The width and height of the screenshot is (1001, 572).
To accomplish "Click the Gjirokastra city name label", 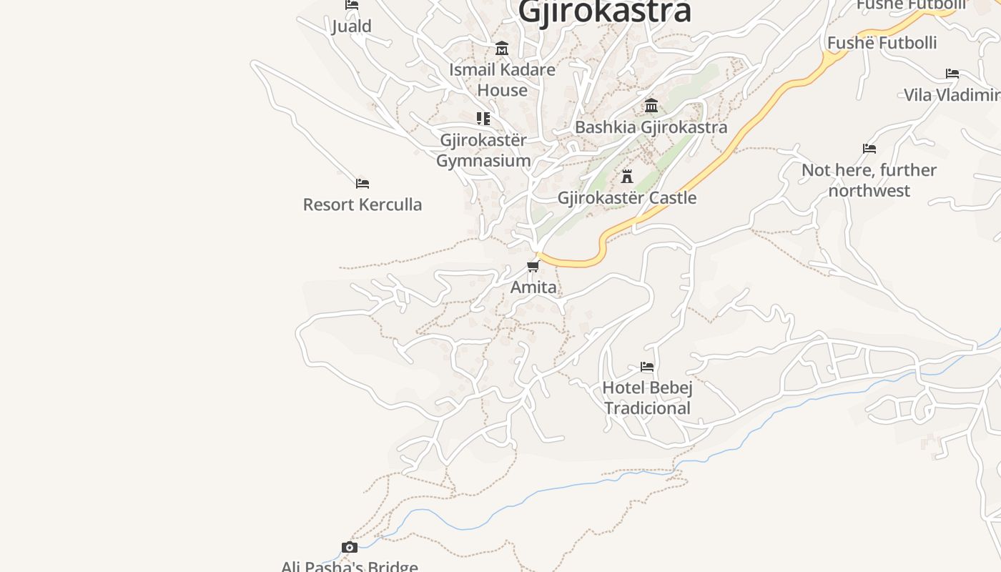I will click(x=604, y=11).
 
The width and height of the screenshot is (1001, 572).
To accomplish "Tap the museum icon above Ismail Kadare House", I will click(x=502, y=49).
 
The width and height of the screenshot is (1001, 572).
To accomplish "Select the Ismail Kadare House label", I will click(x=502, y=79).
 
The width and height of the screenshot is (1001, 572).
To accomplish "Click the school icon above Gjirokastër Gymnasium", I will click(x=483, y=119).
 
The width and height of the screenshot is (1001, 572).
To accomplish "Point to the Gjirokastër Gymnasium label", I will click(x=483, y=150).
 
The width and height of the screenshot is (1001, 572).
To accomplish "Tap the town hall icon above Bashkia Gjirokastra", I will click(x=651, y=106).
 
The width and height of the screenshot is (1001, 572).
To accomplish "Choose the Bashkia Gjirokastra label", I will click(x=651, y=127).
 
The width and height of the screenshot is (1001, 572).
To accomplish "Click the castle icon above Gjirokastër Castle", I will click(x=627, y=176).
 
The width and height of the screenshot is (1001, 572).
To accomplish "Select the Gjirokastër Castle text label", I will click(x=627, y=198).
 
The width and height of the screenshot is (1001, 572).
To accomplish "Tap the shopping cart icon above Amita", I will click(x=533, y=267).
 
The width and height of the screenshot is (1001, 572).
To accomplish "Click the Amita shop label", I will click(x=533, y=287).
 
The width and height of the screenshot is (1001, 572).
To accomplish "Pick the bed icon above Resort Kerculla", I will click(x=363, y=184).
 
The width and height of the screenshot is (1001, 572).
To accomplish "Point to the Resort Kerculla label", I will click(x=363, y=204).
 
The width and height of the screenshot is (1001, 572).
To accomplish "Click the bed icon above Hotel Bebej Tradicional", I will click(x=647, y=367).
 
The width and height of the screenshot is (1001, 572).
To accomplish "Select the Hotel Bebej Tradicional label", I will click(x=647, y=398).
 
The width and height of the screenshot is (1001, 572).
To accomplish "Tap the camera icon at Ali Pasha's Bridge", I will click(x=349, y=548).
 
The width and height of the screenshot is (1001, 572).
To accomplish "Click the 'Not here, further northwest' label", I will click(x=869, y=180).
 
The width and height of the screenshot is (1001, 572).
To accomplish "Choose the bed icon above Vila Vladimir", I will click(x=952, y=74).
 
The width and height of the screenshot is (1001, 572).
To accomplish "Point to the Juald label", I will click(x=352, y=26).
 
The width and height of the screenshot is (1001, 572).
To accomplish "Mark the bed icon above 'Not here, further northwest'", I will click(x=869, y=149).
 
